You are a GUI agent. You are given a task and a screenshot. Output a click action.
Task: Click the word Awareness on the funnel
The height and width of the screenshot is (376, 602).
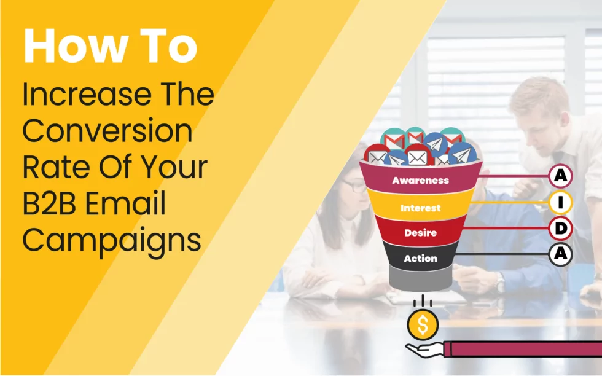pos(420,180)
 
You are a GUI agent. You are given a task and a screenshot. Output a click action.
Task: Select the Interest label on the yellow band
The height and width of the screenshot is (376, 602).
pos(420,208)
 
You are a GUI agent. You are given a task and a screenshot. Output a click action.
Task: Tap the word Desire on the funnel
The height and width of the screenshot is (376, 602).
pos(420,233)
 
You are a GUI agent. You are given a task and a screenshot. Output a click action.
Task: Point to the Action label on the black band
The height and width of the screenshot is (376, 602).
pos(420,259)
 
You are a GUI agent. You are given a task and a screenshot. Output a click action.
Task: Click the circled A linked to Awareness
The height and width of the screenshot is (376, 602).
pos(560,176)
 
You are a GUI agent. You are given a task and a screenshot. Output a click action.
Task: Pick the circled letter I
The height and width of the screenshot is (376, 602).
pos(560,202)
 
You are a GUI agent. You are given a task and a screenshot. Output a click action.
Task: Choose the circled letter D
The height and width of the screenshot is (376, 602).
pos(560,229)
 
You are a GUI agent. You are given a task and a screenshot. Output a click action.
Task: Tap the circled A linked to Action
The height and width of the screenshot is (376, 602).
pos(560,254)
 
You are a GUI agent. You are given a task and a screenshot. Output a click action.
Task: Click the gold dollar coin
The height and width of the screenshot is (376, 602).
pos(423,325)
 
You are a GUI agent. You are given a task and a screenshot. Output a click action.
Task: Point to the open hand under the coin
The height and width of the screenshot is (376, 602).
pos(424,350)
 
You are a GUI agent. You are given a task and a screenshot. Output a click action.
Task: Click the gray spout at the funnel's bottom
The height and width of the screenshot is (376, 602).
pos(420,277)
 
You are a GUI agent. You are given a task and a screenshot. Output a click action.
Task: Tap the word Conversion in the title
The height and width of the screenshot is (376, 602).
pos(107,131)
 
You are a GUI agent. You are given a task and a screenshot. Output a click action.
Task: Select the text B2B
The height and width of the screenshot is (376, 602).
pos(50,203)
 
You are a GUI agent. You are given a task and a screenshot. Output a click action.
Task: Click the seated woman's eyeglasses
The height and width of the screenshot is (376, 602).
pos(354,186)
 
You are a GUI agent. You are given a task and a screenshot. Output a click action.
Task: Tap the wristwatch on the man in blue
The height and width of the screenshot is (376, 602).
pos(499,283)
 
